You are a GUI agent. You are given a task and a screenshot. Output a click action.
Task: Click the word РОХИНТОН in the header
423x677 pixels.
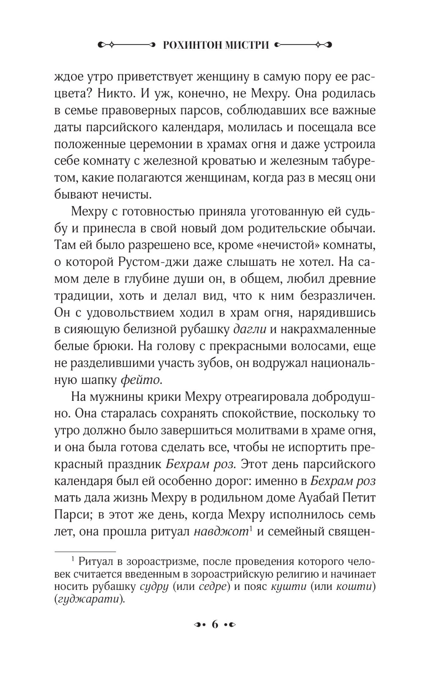coord(187,44)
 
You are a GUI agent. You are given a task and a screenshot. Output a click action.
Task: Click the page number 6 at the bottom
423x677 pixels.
coord(214,624)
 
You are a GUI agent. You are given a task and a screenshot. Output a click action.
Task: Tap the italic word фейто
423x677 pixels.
coord(141,380)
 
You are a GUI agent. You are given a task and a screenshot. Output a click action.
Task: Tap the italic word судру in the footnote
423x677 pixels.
coord(154,587)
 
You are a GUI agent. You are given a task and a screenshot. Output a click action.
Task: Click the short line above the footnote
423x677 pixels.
coord(85,552)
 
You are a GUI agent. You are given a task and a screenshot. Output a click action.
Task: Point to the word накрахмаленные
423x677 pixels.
coord(328,329)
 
